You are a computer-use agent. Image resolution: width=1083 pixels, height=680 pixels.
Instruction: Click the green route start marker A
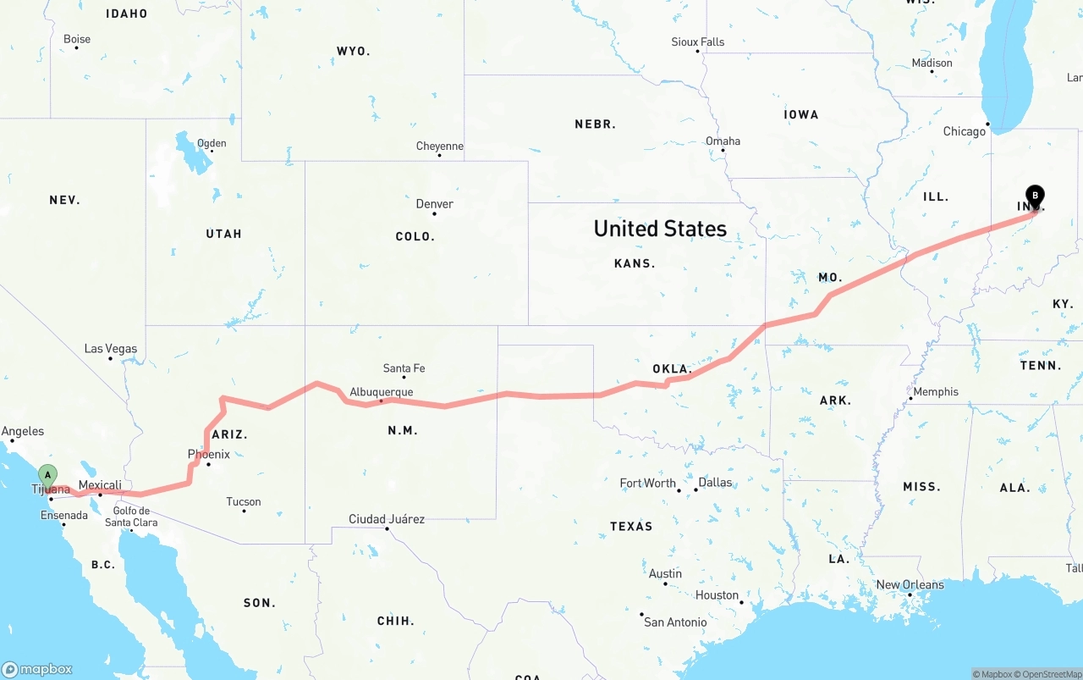click(48, 475)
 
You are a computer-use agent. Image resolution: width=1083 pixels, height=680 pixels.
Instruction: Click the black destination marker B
click(1035, 196)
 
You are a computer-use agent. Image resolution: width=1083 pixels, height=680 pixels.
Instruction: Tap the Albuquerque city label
click(382, 392)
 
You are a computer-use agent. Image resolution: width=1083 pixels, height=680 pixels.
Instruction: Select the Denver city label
click(434, 204)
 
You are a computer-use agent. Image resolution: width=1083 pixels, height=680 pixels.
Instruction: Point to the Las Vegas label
click(110, 349)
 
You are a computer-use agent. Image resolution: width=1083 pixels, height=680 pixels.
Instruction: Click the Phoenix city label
click(209, 455)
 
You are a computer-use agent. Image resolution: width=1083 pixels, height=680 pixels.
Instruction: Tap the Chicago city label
click(965, 131)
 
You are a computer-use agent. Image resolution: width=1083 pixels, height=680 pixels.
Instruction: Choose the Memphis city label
click(936, 392)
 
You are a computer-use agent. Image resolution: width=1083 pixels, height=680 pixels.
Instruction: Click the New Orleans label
click(910, 585)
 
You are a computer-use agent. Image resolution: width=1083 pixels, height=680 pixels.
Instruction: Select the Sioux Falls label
click(698, 41)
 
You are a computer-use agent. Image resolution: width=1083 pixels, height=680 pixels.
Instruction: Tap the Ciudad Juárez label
click(387, 519)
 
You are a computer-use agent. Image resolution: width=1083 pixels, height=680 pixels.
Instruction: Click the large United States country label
click(660, 229)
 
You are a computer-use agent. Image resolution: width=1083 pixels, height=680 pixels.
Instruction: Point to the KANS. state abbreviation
click(635, 263)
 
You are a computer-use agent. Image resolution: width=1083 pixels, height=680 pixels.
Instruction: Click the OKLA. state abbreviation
click(673, 369)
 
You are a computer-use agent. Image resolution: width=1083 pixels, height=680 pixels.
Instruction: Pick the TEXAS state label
click(631, 527)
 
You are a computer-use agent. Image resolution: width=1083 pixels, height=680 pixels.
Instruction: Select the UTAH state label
click(223, 234)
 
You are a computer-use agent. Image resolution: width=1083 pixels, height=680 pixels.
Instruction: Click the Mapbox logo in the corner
click(37, 669)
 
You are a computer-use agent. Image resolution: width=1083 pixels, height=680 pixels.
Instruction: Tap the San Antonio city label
click(675, 622)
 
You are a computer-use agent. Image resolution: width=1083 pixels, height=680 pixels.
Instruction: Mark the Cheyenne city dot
click(440, 156)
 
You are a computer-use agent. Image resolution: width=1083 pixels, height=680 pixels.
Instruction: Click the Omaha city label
click(723, 141)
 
